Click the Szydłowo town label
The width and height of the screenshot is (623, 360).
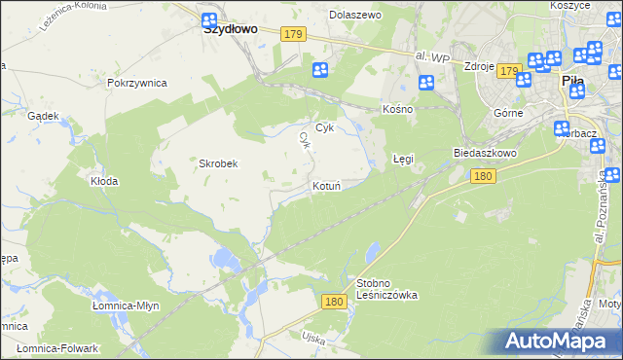point(231,29)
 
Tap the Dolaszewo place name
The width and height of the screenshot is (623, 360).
point(355,16)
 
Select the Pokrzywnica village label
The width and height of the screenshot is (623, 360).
point(137,84)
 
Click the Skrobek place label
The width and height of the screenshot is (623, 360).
point(219,164)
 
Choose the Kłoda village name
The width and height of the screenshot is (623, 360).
point(104,181)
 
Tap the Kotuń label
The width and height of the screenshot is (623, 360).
point(326,186)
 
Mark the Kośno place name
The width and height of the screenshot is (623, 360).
point(398,109)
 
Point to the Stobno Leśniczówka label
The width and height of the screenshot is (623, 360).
point(387,289)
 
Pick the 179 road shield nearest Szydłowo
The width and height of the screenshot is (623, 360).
point(295,34)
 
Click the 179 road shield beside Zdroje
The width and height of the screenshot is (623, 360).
point(509,71)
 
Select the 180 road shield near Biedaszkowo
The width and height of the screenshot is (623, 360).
point(484,176)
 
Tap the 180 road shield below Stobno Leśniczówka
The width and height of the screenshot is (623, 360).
point(335,303)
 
